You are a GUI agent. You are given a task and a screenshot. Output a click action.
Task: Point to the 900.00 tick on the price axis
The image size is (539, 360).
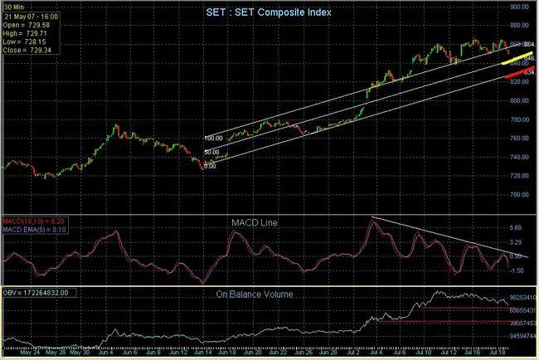[519, 7]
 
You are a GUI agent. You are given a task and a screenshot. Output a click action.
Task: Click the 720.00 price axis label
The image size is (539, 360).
[519, 176]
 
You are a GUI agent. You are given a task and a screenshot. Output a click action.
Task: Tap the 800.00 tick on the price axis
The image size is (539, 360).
[519, 101]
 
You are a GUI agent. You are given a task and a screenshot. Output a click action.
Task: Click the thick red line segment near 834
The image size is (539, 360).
[516, 75]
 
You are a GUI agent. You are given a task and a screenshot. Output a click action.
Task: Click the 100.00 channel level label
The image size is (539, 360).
[214, 139]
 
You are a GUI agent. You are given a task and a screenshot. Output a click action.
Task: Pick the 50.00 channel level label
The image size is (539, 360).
[211, 153]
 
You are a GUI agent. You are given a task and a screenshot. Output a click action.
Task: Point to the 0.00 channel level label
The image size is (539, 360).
[210, 165]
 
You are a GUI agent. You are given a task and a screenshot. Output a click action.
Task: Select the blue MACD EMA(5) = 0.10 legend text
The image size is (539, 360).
[35, 228]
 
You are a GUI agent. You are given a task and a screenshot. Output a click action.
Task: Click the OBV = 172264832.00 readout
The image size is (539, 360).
[40, 293]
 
